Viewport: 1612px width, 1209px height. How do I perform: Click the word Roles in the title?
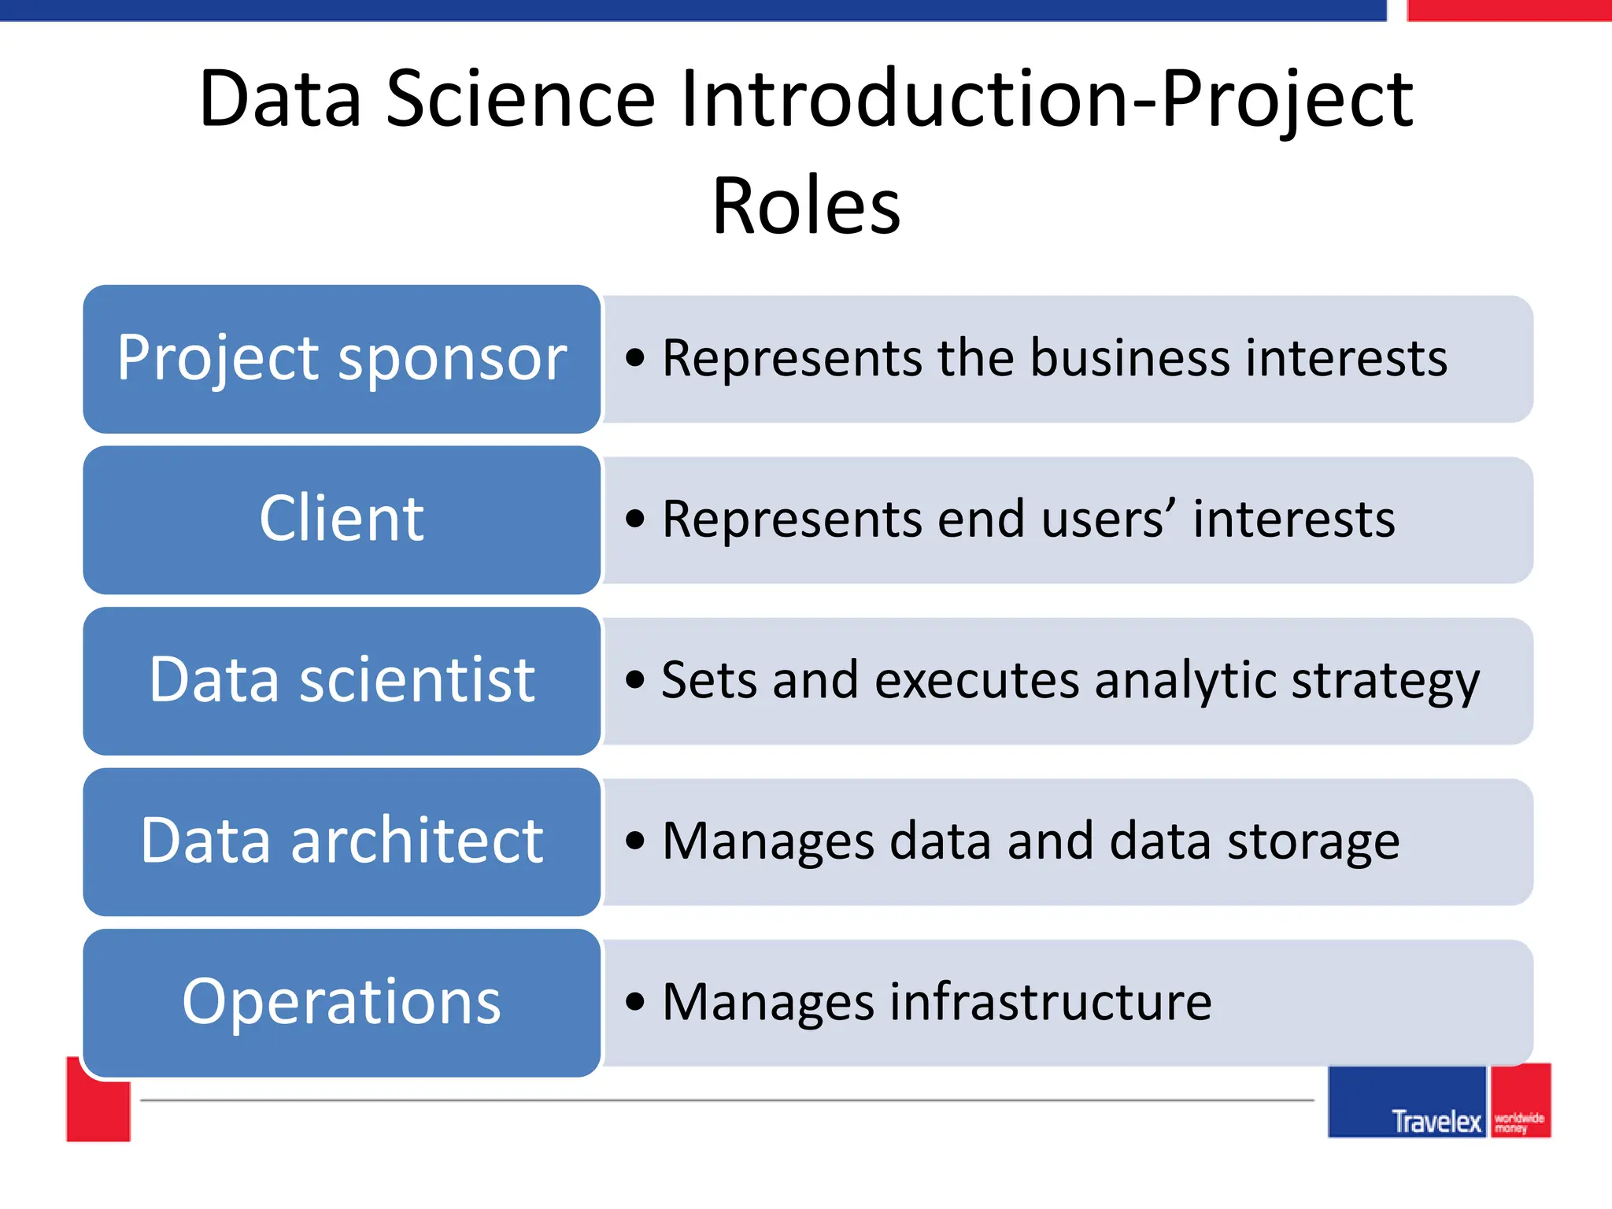[x=806, y=206]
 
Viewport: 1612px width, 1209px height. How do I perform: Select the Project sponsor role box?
[x=342, y=359]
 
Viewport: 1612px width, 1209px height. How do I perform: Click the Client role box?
[x=342, y=519]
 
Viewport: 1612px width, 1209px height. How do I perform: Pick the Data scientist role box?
[x=342, y=680]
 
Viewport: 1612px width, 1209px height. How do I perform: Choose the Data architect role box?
[x=342, y=841]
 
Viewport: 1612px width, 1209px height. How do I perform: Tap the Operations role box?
[x=342, y=1002]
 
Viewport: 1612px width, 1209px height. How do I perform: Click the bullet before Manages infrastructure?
[x=635, y=1002]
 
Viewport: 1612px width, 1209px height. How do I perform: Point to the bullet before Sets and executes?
[x=635, y=680]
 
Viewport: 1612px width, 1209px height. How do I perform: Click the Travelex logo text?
[x=1436, y=1121]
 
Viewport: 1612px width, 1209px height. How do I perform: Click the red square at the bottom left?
[x=98, y=1110]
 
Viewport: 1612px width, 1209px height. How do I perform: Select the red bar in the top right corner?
[x=1508, y=10]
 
